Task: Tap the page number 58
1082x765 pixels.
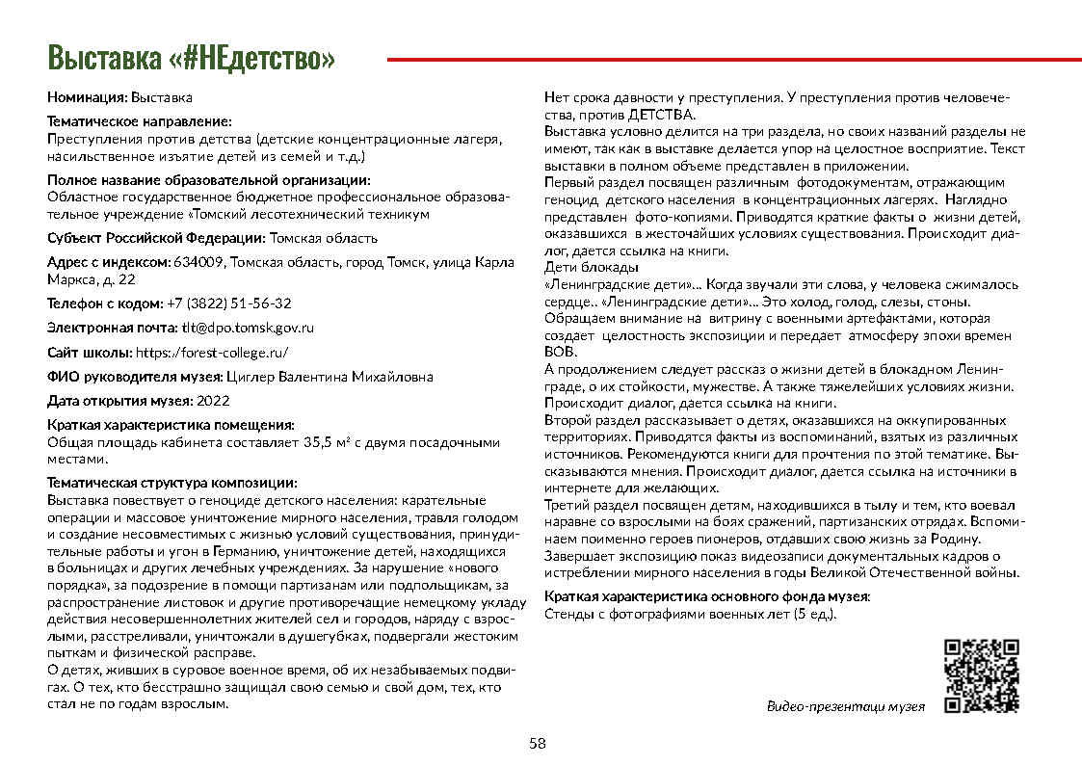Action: pyautogui.click(x=538, y=743)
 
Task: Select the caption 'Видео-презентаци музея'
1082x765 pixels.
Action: pyautogui.click(x=845, y=706)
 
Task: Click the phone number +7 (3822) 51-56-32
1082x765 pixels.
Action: pyautogui.click(x=229, y=303)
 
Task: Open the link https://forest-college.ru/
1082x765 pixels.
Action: pyautogui.click(x=211, y=352)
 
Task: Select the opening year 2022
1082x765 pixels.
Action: pyautogui.click(x=210, y=401)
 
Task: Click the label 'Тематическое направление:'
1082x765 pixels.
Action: pyautogui.click(x=140, y=121)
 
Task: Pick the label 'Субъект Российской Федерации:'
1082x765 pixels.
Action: pyautogui.click(x=156, y=238)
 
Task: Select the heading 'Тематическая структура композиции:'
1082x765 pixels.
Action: pyautogui.click(x=172, y=483)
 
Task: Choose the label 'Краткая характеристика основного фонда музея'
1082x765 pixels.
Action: pyautogui.click(x=706, y=596)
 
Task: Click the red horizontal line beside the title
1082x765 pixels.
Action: pyautogui.click(x=733, y=59)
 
